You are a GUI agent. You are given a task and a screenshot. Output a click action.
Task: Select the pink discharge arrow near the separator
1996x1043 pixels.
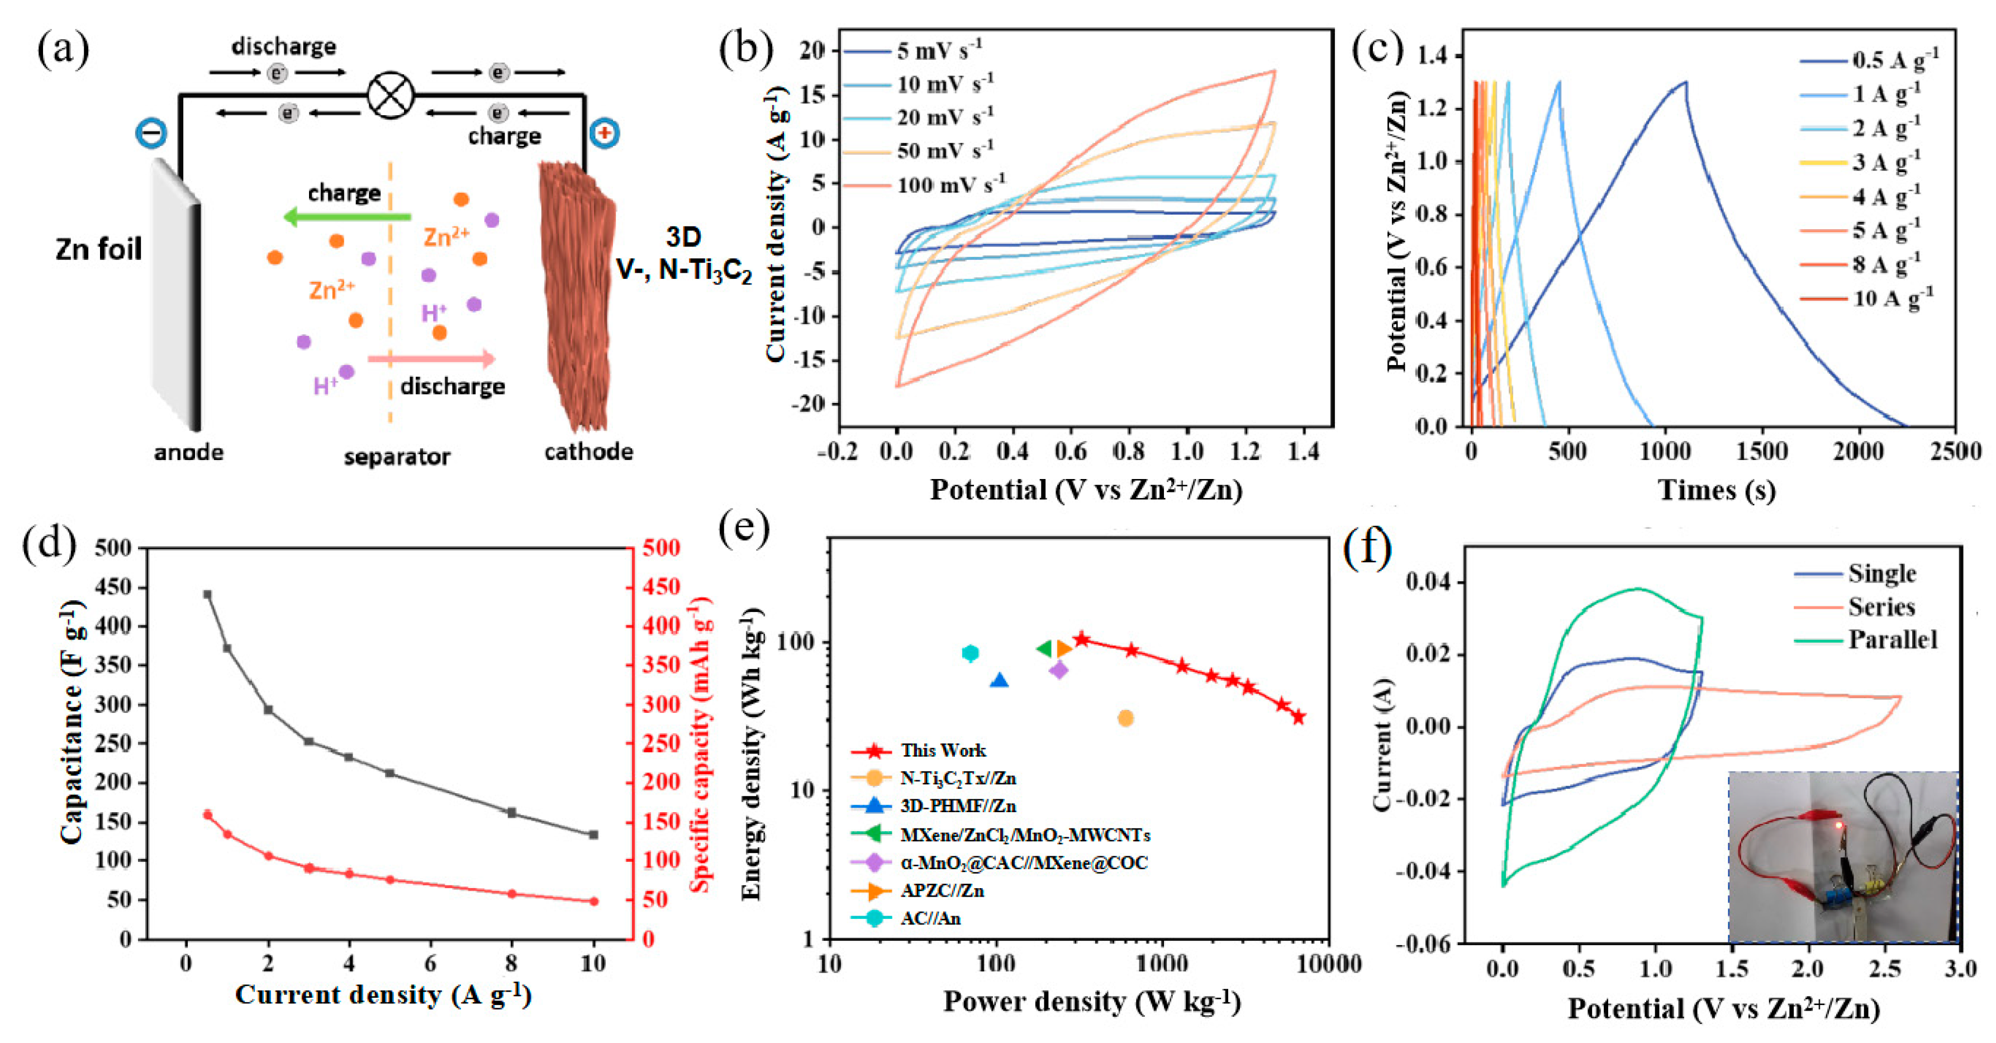pyautogui.click(x=431, y=358)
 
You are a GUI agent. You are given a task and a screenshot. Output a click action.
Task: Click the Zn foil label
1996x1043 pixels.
pyautogui.click(x=98, y=249)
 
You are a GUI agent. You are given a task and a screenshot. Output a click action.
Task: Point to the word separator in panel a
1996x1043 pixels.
pyautogui.click(x=397, y=457)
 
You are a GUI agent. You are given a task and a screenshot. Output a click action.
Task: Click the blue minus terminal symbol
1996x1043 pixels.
pyautogui.click(x=150, y=133)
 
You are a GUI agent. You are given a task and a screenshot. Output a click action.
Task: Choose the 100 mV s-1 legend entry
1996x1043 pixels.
pyautogui.click(x=950, y=185)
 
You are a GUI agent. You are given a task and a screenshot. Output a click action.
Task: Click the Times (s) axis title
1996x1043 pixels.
pyautogui.click(x=1716, y=490)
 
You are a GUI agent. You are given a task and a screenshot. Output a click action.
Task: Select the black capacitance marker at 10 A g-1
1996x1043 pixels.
pyautogui.click(x=593, y=835)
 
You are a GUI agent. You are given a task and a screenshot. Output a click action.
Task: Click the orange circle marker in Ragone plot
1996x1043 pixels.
pyautogui.click(x=1126, y=718)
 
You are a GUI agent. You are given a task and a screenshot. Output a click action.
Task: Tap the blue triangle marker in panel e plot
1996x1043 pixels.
pyautogui.click(x=1000, y=680)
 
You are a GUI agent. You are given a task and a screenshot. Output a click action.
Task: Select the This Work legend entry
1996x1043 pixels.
pyautogui.click(x=942, y=750)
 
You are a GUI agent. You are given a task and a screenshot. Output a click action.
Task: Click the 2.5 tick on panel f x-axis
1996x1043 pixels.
pyautogui.click(x=1884, y=969)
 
